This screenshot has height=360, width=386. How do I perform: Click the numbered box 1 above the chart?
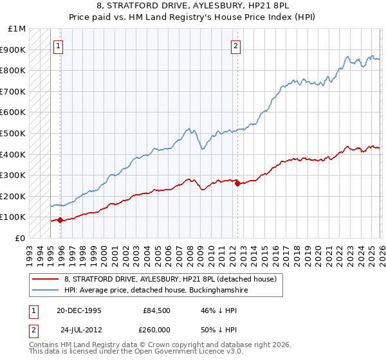(59, 46)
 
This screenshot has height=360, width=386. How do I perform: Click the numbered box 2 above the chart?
(236, 46)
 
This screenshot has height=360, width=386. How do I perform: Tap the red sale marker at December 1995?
(60, 220)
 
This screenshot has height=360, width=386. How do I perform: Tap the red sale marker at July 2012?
(237, 183)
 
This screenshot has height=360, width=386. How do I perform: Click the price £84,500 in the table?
(156, 310)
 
